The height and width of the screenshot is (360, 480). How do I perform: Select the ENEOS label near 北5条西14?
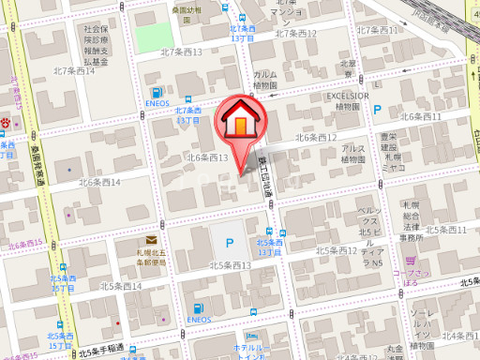pos(198,320)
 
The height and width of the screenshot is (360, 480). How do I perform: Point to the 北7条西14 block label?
pos(73,70)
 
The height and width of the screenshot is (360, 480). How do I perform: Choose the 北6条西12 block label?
pos(316,138)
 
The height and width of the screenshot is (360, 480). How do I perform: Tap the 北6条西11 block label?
pos(421,116)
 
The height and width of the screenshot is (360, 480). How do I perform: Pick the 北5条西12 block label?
pos(337,250)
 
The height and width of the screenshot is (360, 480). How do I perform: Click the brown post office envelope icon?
pos(151,242)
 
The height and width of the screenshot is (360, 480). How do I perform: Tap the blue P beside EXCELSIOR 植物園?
pos(378,111)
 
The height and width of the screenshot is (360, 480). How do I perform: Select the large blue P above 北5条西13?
pos(230,242)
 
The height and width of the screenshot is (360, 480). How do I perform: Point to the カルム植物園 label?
pos(265,80)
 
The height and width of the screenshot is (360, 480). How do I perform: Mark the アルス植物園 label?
pos(353,154)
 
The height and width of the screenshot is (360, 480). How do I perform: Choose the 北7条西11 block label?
pos(374,30)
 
